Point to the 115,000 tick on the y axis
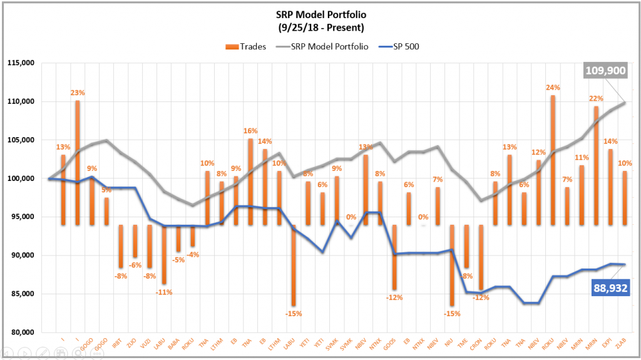coord(22,63)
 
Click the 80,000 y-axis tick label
coord(22,332)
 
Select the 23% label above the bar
coord(78,93)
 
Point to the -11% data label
coord(164,292)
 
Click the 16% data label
coord(250,131)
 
